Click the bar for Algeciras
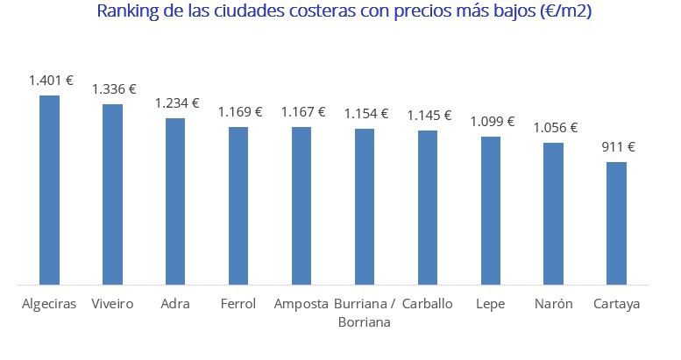[x=49, y=190]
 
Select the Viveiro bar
[x=112, y=194]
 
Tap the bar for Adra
[x=175, y=201]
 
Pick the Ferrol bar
[x=238, y=206]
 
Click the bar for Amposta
[x=301, y=206]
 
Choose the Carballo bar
[x=428, y=208]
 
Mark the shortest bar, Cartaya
[x=617, y=223]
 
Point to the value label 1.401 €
[x=51, y=80]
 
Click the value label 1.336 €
[x=114, y=88]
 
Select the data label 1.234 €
[x=177, y=102]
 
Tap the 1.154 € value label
[x=366, y=113]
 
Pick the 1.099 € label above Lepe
[x=493, y=121]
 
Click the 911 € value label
[x=618, y=146]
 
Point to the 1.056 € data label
[x=556, y=127]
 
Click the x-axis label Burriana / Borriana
[x=365, y=313]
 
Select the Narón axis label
[x=553, y=304]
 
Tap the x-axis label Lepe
[x=491, y=304]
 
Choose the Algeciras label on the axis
[x=49, y=304]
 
